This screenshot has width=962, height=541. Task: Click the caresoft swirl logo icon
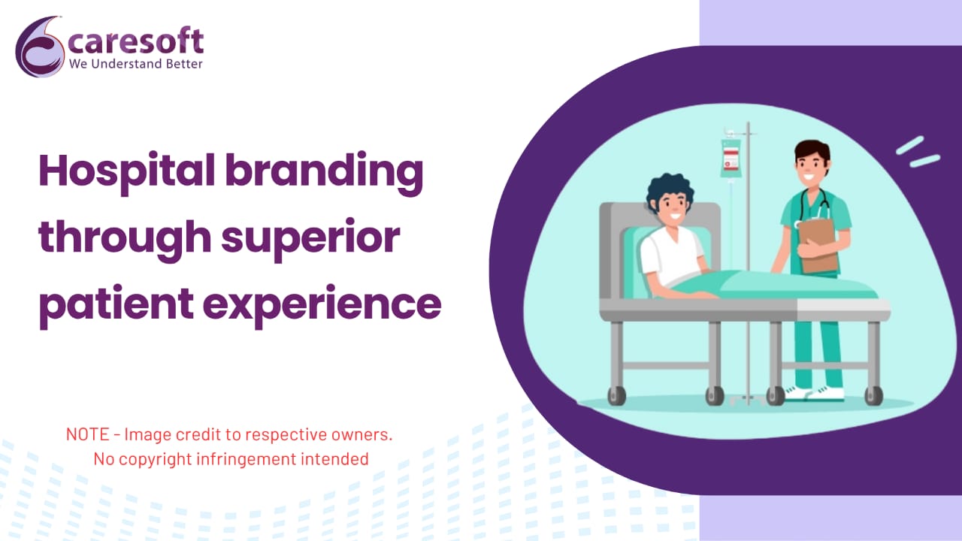click(40, 47)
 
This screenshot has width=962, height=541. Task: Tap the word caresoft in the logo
click(136, 41)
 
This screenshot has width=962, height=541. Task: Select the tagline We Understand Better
click(136, 64)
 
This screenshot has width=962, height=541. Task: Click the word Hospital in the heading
click(127, 172)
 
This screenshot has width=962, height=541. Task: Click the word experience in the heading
click(322, 305)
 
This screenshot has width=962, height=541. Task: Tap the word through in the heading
click(125, 238)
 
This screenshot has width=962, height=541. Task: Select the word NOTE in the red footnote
click(88, 434)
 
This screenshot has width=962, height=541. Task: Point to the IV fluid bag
click(731, 157)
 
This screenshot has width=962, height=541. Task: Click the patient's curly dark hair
click(669, 191)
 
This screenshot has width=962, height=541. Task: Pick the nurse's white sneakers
click(815, 393)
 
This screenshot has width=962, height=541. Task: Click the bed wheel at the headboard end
click(617, 395)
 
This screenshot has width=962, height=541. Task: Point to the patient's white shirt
click(671, 255)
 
